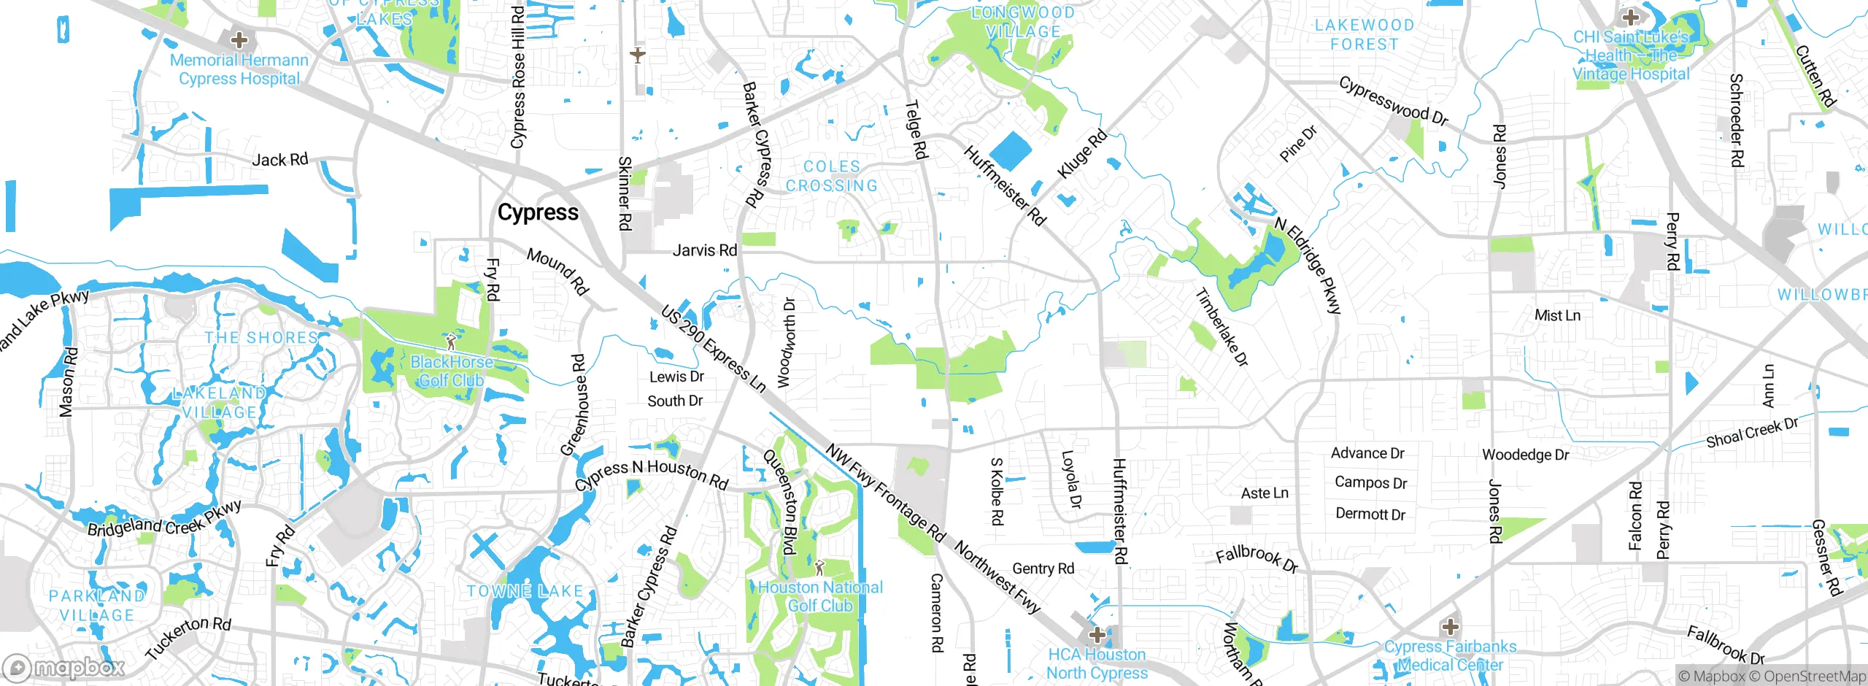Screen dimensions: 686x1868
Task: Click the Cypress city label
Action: coord(538,212)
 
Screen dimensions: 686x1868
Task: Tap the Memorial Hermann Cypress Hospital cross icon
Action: coord(239,40)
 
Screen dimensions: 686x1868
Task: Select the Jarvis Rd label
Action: coord(704,250)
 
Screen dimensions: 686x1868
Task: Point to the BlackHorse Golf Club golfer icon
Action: coord(451,341)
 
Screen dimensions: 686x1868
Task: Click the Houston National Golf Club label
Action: coord(820,596)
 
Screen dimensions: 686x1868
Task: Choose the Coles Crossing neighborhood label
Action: coord(832,176)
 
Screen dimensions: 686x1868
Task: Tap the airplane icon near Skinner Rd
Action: coord(638,55)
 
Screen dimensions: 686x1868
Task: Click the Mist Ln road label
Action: coord(1557,315)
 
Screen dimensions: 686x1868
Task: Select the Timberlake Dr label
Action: coord(1221,327)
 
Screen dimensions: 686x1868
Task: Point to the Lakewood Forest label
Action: coord(1364,34)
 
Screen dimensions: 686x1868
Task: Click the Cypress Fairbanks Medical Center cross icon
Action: coord(1450,626)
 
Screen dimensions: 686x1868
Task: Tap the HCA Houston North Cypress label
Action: coord(1097,663)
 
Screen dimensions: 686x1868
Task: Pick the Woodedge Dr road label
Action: coord(1525,455)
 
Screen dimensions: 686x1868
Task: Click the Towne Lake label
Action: coord(525,591)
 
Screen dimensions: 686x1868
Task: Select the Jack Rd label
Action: coord(280,160)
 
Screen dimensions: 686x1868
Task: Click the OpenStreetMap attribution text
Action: coord(1813,676)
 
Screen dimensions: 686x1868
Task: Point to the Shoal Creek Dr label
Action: coord(1751,433)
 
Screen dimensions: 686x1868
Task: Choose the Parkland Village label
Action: coord(97,605)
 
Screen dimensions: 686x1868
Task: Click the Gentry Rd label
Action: coord(1043,569)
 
